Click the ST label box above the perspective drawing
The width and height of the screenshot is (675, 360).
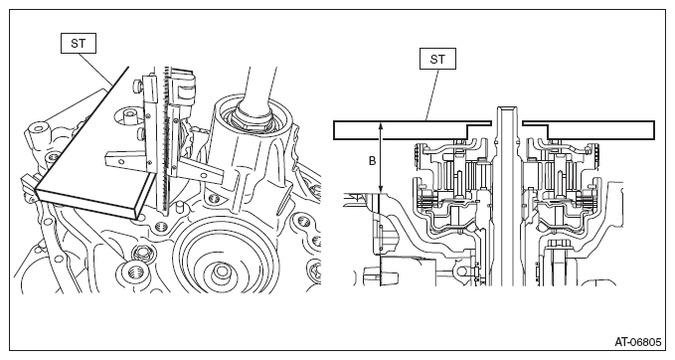pos(79,44)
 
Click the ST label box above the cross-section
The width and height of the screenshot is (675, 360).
pos(437,59)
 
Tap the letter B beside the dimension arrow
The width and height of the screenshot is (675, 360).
pos(373,161)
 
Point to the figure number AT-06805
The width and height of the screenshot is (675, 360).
pos(637,342)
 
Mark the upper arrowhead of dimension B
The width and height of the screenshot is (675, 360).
pos(381,125)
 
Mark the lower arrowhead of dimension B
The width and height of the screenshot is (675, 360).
pos(381,189)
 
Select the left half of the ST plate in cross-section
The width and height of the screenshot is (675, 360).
pos(413,130)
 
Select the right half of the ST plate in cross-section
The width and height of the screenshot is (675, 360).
pos(589,130)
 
